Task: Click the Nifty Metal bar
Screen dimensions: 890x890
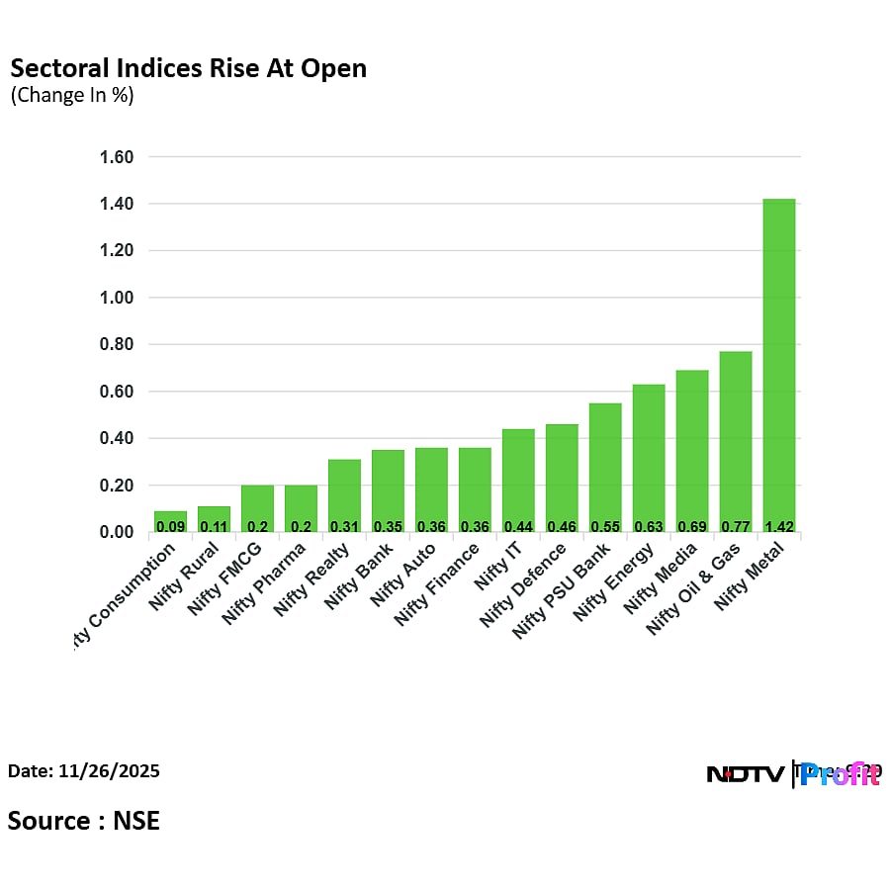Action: click(779, 366)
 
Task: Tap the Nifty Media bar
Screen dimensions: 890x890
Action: click(692, 451)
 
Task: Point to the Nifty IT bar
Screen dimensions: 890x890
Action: click(518, 481)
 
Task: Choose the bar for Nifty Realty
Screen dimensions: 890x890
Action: click(344, 495)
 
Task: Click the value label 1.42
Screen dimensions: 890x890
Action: click(779, 526)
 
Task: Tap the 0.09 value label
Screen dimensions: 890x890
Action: click(170, 526)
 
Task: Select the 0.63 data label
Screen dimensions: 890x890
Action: click(649, 526)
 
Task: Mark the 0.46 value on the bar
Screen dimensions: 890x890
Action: click(562, 526)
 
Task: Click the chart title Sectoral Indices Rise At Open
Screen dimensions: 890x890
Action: click(188, 68)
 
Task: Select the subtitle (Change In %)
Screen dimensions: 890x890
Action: click(72, 96)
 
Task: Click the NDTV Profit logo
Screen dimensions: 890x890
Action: click(793, 774)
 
